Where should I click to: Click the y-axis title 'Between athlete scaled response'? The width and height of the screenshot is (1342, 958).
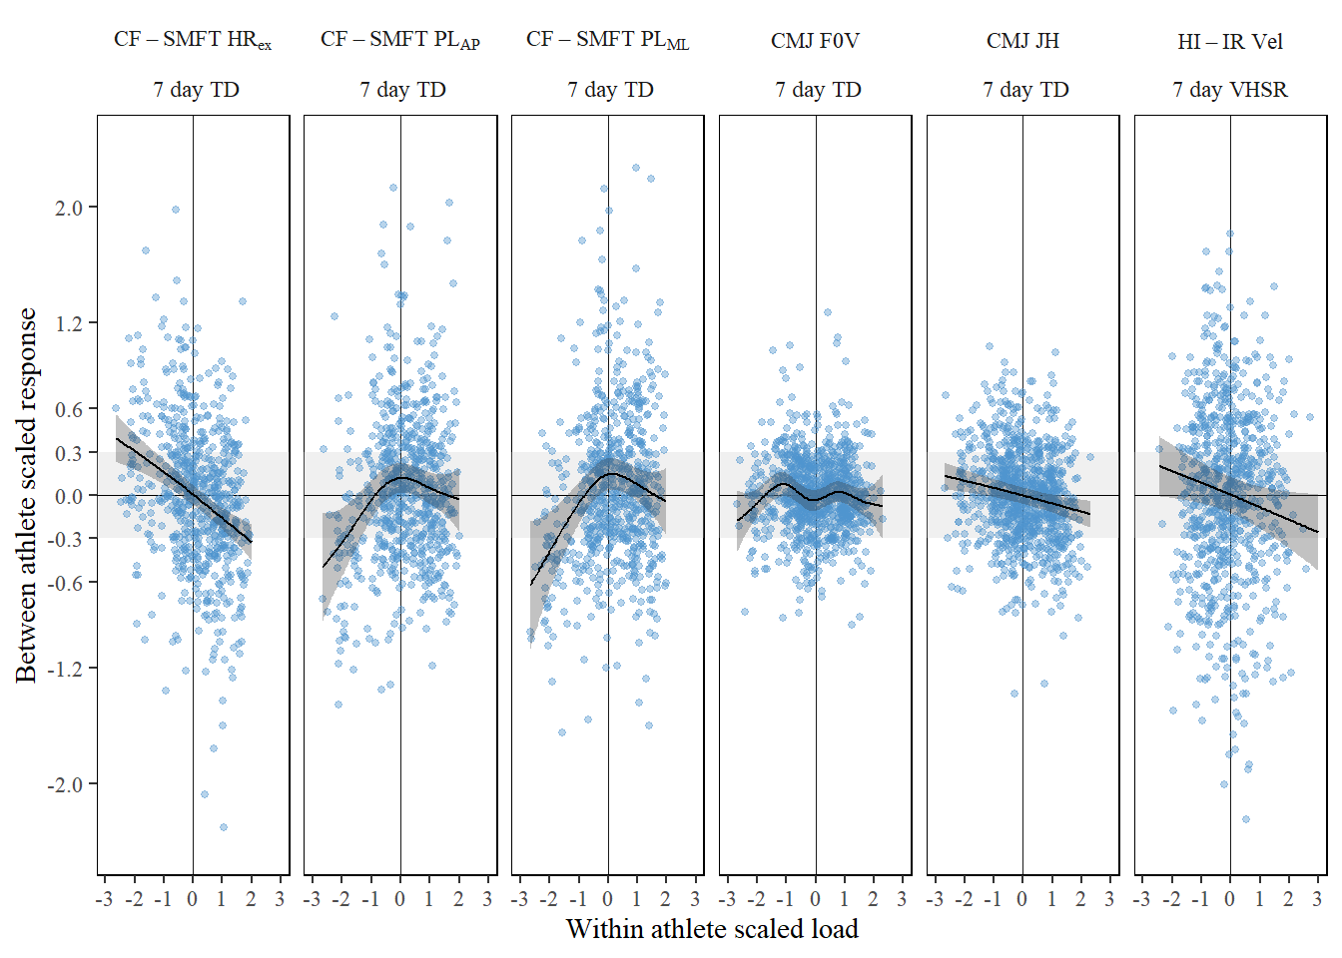26,495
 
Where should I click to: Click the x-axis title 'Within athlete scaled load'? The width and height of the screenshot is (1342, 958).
712,929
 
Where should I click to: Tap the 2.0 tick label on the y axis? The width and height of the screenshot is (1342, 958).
68,208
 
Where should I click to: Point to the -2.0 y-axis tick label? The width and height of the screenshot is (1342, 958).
65,784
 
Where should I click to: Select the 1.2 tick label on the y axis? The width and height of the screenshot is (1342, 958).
68,323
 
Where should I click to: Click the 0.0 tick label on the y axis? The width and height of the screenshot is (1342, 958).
68,496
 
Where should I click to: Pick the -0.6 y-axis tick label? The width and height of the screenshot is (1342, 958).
65,583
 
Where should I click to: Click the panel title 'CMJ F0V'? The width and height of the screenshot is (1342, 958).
815,41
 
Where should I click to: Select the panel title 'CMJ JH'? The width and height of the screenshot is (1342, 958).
1022,41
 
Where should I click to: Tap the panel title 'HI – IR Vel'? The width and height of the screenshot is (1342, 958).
1230,42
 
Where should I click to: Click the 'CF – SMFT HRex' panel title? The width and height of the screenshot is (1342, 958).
193,40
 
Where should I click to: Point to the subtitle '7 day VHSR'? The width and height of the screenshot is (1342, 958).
1230,90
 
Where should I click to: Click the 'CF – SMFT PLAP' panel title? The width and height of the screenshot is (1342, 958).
400,40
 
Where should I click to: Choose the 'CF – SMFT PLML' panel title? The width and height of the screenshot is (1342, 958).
607,40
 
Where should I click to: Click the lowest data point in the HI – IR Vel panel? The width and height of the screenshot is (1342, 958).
1245,819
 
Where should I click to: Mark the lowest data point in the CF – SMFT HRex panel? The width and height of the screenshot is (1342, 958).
223,827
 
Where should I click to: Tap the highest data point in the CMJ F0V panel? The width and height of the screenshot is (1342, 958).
827,312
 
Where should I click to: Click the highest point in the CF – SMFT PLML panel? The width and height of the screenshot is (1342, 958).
635,168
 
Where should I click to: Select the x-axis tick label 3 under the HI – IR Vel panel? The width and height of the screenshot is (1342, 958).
1317,899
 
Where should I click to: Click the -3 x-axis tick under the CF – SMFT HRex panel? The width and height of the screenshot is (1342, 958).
105,899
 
